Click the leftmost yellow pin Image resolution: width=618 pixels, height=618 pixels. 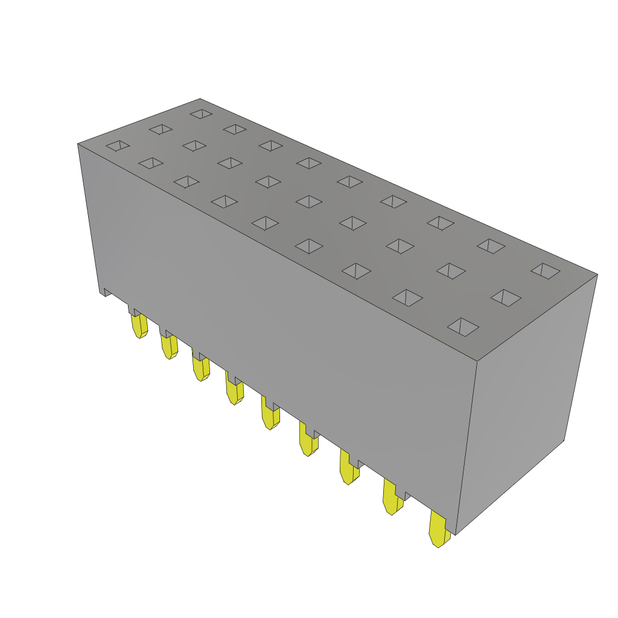[x=139, y=325]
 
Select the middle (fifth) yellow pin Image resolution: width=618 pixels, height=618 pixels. [x=270, y=413]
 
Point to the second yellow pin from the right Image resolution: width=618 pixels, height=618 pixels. [x=392, y=498]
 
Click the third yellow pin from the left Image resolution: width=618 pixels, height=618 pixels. [x=201, y=368]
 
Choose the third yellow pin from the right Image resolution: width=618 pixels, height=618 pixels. [x=348, y=467]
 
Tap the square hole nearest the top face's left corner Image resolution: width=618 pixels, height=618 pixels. [x=118, y=145]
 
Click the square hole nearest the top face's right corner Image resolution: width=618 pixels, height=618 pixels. [x=546, y=271]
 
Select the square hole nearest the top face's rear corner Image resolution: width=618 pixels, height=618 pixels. [x=201, y=113]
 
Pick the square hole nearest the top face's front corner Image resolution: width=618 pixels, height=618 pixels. [x=463, y=327]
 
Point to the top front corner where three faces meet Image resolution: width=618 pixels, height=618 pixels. [x=477, y=362]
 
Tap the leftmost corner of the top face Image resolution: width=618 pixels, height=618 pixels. [x=78, y=144]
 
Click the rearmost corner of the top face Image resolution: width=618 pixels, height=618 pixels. [x=200, y=99]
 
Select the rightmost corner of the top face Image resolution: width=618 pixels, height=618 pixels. [x=597, y=275]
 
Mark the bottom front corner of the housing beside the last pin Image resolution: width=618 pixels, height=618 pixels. [x=456, y=534]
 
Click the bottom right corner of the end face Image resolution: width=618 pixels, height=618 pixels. [x=564, y=441]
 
